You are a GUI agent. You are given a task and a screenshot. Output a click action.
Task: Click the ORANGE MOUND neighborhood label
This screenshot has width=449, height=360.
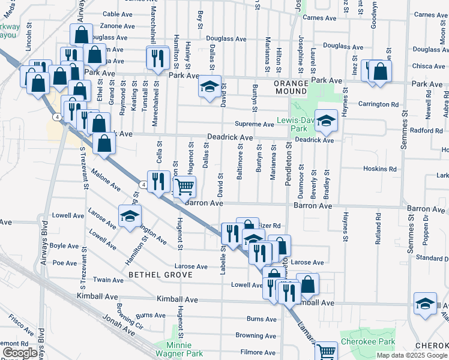[x=291, y=87]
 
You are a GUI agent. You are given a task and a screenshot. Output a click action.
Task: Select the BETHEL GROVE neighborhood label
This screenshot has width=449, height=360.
[x=160, y=275]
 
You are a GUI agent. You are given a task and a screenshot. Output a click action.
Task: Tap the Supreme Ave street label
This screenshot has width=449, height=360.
[x=254, y=124]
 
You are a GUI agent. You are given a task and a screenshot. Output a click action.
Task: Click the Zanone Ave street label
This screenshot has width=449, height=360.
[x=117, y=26]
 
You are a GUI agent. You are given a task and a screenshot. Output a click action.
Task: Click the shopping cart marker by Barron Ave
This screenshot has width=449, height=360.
[x=185, y=187]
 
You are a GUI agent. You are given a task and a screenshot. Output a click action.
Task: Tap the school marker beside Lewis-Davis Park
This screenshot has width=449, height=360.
[x=326, y=122]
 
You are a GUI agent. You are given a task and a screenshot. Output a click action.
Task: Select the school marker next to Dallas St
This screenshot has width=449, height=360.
[x=209, y=88]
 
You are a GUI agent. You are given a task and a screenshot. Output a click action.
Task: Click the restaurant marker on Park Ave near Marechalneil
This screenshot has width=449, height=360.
[x=156, y=58]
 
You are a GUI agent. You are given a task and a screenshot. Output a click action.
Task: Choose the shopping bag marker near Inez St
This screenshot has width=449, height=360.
[x=380, y=71]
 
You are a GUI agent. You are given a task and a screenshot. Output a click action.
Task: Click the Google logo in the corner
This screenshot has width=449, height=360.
[x=20, y=353]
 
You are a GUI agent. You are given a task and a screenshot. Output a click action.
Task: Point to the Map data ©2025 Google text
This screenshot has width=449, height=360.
[x=412, y=355]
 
